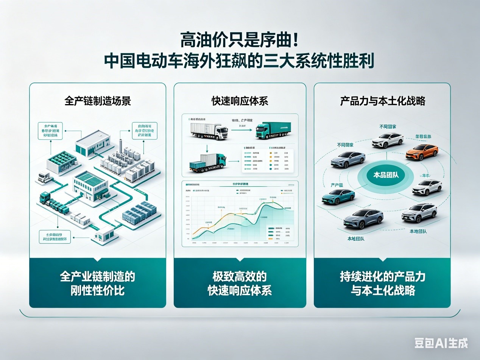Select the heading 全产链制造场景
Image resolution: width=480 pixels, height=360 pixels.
coord(98,101)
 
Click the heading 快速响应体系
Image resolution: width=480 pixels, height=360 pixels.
coord(240,101)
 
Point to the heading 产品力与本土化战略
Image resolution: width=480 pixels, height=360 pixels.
coord(382,101)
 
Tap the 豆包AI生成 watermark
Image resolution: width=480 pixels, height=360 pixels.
coord(441,343)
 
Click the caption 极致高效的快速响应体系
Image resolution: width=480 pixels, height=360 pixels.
coord(240,283)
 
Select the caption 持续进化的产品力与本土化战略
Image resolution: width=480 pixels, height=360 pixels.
coord(382,283)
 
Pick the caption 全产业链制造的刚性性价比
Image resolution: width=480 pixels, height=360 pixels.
coord(98,283)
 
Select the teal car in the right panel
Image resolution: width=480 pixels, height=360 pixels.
coord(338,196)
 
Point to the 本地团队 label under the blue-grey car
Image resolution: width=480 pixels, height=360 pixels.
coord(356,239)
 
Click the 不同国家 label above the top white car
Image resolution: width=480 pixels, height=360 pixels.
coord(388,126)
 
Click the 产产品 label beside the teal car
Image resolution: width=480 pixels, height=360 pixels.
coord(337,185)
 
